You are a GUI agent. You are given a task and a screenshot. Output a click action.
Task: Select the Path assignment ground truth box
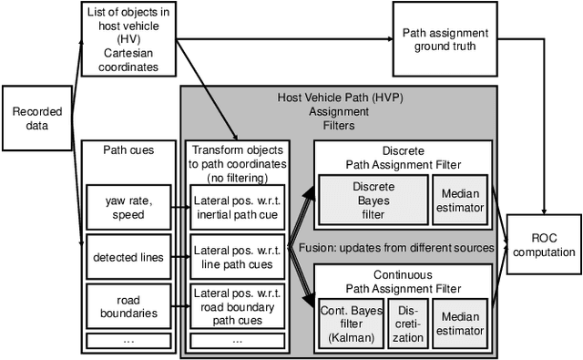pos(445,39)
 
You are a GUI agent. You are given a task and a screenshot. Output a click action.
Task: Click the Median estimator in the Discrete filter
pos(464,200)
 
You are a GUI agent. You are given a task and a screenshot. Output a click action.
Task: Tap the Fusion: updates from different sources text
pos(397,248)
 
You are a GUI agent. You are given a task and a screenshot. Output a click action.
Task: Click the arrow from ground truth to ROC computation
pos(543,137)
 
